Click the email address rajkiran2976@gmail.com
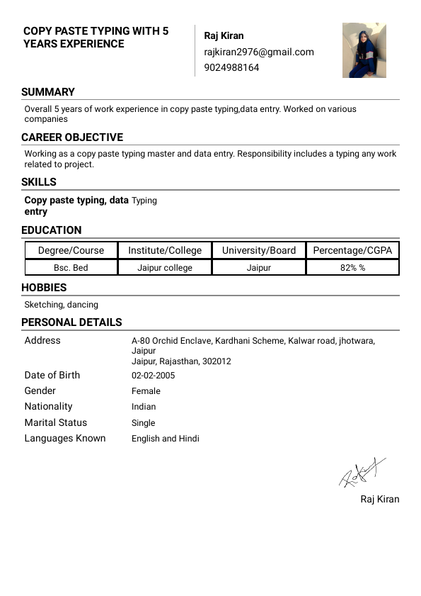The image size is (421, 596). tap(258, 52)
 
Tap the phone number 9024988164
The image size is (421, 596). tap(231, 67)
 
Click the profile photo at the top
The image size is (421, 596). tap(364, 50)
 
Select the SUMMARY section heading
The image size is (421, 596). tap(48, 92)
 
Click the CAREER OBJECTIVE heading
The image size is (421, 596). tap(72, 137)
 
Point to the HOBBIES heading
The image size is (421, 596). tap(44, 288)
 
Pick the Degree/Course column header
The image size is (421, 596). tap(71, 250)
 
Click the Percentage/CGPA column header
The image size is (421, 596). tap(352, 250)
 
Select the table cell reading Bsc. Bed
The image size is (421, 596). tap(71, 268)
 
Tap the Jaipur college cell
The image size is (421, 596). tap(165, 268)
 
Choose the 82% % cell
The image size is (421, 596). tap(352, 268)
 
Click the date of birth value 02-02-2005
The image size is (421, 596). tap(153, 376)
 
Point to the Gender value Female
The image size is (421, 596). tap(146, 391)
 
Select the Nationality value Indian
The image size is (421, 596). tap(144, 407)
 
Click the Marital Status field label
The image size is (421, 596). tap(55, 422)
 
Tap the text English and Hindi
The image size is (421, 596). tap(166, 439)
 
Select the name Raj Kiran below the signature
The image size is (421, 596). tap(379, 500)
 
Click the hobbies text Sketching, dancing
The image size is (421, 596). tap(61, 305)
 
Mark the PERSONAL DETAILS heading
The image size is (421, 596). tap(71, 322)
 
